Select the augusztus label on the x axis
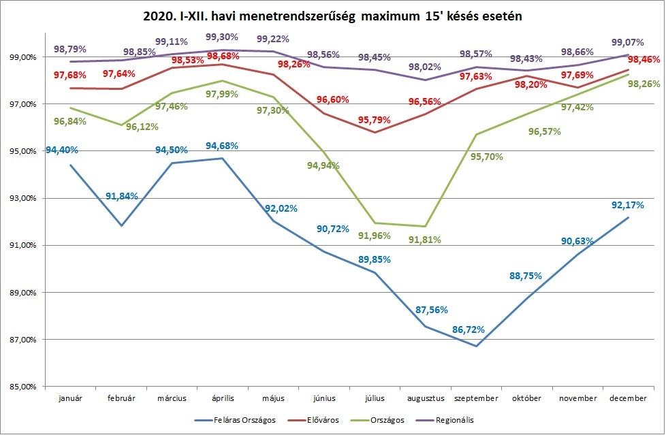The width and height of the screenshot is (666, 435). [425, 398]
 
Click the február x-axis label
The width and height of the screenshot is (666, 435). [121, 398]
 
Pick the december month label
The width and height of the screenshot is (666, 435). [628, 398]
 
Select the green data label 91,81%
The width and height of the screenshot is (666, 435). [425, 240]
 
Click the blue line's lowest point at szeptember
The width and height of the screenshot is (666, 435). [477, 346]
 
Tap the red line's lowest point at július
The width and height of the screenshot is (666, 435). [375, 132]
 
